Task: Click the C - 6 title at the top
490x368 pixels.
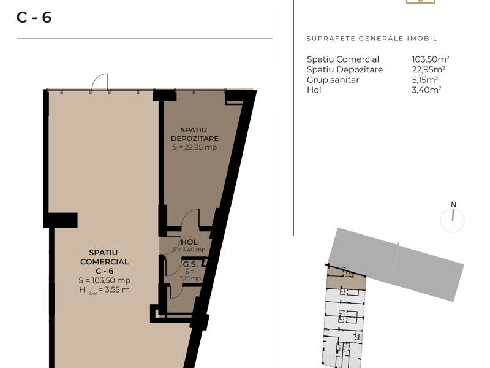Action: click(34, 18)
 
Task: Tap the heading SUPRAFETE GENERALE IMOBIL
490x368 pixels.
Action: click(372, 39)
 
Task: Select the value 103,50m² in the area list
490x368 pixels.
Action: click(431, 59)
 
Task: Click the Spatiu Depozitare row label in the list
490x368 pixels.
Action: click(345, 69)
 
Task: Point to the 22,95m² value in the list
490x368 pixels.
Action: click(428, 69)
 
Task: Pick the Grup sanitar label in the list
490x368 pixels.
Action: click(333, 80)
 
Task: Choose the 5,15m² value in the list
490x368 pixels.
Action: click(424, 80)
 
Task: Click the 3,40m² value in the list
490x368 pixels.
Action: click(426, 90)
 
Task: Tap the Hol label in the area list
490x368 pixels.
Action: click(314, 90)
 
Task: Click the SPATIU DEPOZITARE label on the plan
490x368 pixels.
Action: click(194, 134)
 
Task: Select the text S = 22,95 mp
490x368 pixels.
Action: click(194, 147)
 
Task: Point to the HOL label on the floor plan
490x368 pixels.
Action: click(189, 242)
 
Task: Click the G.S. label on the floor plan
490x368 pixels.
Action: click(190, 265)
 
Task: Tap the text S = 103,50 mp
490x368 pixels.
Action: click(104, 280)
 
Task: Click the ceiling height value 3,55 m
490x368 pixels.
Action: click(117, 289)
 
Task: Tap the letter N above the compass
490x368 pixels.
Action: click(453, 205)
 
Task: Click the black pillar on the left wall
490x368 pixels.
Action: click(60, 220)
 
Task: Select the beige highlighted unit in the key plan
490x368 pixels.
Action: click(345, 282)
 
